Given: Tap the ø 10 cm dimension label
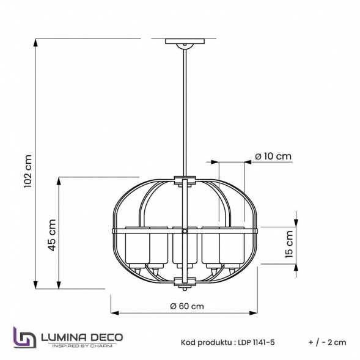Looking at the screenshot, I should pos(273,156).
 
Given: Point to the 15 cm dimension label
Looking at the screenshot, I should pos(289,244).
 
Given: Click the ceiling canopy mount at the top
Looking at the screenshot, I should pos(185,43).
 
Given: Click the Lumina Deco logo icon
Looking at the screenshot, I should pos(24,337).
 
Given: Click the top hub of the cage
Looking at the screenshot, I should pos(185,181).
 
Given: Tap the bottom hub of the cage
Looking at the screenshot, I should pos(185,281).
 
